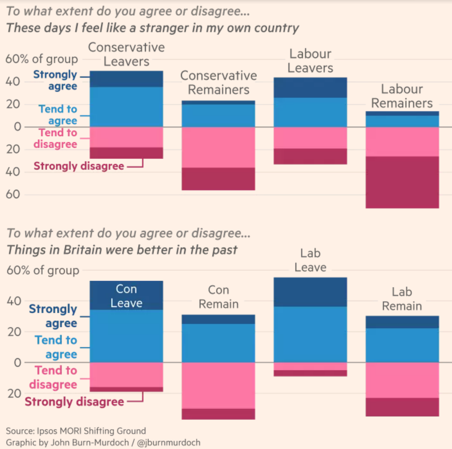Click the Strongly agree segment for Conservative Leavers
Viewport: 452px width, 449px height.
coord(127,79)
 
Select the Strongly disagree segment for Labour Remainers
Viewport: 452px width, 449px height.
coord(402,183)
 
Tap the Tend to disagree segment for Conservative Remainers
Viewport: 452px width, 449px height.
coord(218,147)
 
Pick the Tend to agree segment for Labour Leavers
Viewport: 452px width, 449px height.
coord(310,112)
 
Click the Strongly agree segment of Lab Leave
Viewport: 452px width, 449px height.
coord(310,292)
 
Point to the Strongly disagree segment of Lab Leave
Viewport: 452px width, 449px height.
coord(310,373)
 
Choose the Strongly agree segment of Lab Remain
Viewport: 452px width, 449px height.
coord(402,322)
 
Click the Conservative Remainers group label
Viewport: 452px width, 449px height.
coord(218,83)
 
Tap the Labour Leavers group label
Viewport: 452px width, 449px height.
coord(310,61)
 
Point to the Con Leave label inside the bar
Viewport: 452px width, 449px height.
coord(126,296)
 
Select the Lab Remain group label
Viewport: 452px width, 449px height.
coord(402,299)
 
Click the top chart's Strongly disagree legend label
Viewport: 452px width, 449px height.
coord(78,166)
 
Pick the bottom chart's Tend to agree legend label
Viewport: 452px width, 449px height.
coord(56,347)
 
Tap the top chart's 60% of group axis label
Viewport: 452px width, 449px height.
coord(42,59)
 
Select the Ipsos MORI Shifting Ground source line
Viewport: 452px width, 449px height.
coord(76,431)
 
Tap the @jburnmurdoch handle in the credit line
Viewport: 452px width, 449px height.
coord(169,442)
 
